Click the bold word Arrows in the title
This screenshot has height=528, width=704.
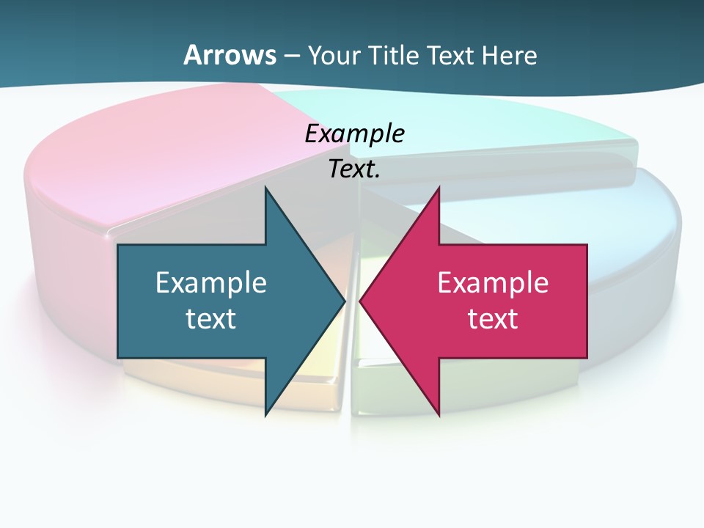(230, 55)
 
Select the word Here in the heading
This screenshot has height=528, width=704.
(509, 56)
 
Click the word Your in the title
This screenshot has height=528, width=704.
(334, 56)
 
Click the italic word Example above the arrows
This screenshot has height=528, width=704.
(354, 134)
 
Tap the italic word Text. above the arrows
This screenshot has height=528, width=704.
(354, 169)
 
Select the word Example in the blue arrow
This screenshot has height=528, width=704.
(211, 282)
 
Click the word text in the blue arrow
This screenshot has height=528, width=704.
(211, 319)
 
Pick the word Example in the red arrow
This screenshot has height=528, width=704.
(493, 282)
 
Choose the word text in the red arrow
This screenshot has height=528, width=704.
(493, 319)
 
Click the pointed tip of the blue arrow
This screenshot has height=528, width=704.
(343, 301)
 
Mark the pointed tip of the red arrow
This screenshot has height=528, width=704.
(362, 301)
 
